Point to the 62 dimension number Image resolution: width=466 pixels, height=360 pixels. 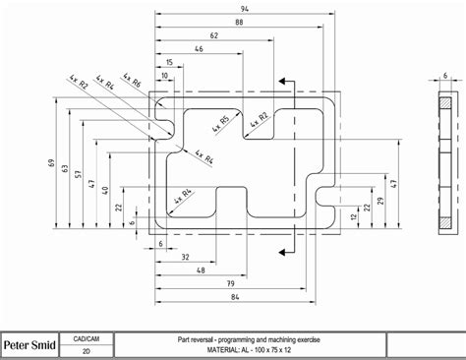(x=213, y=35)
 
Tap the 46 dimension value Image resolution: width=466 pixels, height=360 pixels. (x=200, y=48)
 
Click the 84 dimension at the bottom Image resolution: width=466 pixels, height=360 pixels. (x=233, y=295)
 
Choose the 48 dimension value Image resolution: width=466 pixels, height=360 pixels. (x=201, y=270)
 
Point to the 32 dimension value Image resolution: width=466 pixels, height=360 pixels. (x=185, y=257)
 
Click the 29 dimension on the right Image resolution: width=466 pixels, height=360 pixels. (x=379, y=201)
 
